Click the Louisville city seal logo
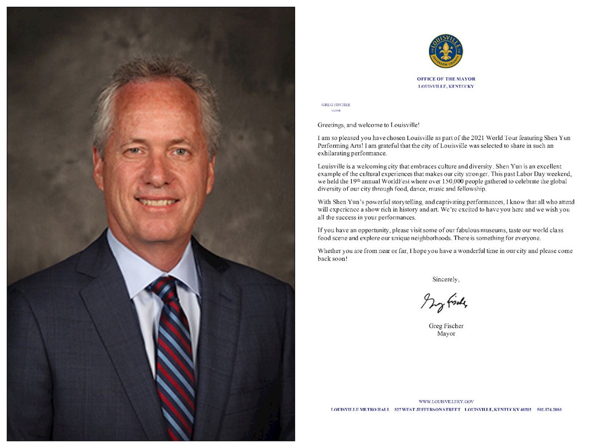coord(445,51)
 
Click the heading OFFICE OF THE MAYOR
coord(446,79)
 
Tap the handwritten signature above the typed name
coord(444,302)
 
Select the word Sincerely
coord(446,279)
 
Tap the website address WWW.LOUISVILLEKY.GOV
coord(446,401)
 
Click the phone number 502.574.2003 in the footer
coord(549,410)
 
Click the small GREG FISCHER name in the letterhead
coord(336,105)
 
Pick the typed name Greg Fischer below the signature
coord(446,326)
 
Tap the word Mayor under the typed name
coord(446,334)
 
